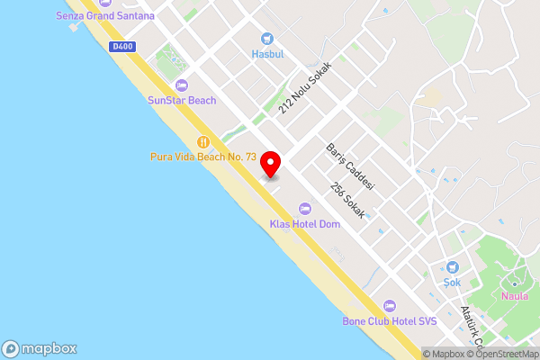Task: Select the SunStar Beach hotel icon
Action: click(182, 85)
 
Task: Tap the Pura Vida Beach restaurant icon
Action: click(203, 141)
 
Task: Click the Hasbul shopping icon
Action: click(267, 39)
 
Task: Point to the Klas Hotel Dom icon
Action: click(305, 210)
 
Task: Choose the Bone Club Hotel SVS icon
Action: click(389, 307)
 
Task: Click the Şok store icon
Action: click(452, 267)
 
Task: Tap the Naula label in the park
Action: click(514, 295)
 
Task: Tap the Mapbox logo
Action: click(40, 349)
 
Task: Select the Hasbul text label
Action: click(267, 54)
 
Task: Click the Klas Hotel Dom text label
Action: click(305, 224)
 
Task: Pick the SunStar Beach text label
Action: click(182, 100)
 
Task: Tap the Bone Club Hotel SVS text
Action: click(389, 321)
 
